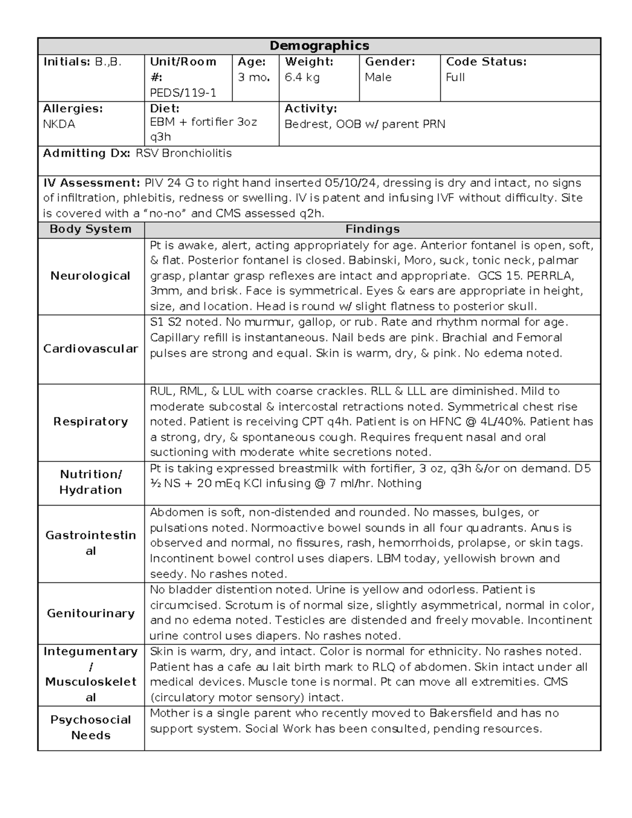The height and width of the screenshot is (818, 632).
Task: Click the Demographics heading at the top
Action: coord(319,46)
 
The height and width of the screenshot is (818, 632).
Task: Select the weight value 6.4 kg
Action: coord(302,77)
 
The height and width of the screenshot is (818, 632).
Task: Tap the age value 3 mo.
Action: coord(254,77)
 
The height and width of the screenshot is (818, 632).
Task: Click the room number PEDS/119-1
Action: coord(183,93)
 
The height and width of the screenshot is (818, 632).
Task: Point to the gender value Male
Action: coord(378,77)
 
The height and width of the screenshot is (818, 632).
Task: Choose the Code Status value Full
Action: coord(455,77)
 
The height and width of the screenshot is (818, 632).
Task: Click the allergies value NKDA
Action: coord(59,124)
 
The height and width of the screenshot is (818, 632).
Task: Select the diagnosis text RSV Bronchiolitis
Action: coord(183,153)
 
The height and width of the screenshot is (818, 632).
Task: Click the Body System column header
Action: coord(91,229)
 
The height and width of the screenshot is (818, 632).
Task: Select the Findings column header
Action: coord(372,229)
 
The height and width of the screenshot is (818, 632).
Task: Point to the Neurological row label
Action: coord(91,276)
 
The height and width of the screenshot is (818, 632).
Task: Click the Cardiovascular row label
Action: coord(91,349)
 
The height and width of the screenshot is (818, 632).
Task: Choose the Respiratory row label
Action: coord(91,421)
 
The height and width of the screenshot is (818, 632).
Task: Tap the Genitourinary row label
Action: coord(91,613)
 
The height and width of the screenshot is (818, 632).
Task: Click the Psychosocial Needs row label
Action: coord(91,727)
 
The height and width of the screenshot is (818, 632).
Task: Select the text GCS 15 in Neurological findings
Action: coord(496,276)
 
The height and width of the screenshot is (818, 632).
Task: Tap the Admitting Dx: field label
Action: coord(87,153)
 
